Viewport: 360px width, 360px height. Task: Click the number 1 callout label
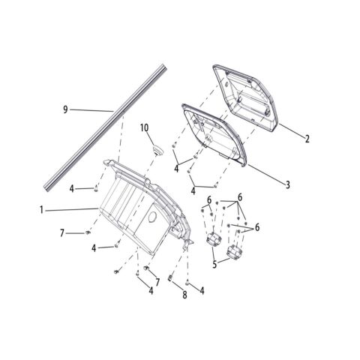[x=41, y=210]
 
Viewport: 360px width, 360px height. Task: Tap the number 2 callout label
[x=307, y=139]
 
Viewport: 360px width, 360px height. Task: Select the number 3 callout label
[x=288, y=185]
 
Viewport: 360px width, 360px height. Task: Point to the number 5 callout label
[x=214, y=265]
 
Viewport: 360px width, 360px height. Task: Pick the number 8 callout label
[x=184, y=295]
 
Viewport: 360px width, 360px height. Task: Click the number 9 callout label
[x=65, y=109]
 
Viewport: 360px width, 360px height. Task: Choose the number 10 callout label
[x=144, y=127]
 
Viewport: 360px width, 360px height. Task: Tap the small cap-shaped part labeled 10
[x=157, y=150]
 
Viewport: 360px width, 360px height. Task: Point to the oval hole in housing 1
[x=152, y=217]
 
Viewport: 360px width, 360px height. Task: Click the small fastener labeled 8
[x=170, y=278]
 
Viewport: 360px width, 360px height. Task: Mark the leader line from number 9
[x=91, y=110]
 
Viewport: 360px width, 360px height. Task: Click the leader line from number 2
[x=291, y=130]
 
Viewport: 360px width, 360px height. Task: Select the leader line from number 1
[x=71, y=209]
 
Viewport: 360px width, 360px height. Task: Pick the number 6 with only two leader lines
[x=209, y=200]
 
